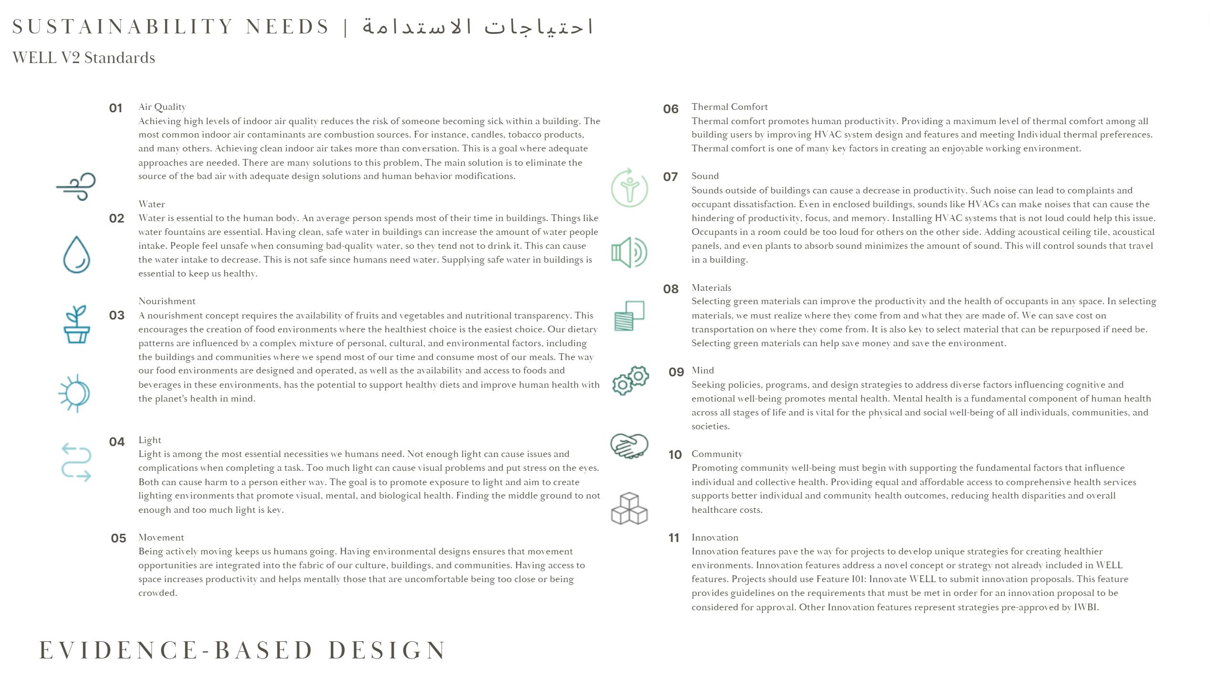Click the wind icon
(x=76, y=186)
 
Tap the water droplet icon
(x=76, y=255)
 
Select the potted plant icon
(x=77, y=324)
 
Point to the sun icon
(x=74, y=393)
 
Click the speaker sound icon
(x=629, y=252)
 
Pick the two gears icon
(x=630, y=380)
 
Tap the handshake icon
(x=629, y=446)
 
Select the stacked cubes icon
(x=629, y=509)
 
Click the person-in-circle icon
(x=629, y=188)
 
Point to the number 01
(x=116, y=108)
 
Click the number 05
(x=118, y=538)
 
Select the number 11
(x=673, y=538)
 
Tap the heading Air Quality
(x=162, y=107)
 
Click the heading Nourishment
(x=167, y=301)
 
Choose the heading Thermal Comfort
(x=729, y=107)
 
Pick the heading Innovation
(x=714, y=538)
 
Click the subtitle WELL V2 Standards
(x=84, y=58)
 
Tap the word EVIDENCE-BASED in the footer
(x=176, y=650)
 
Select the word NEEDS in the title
(x=287, y=27)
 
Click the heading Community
(x=717, y=454)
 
